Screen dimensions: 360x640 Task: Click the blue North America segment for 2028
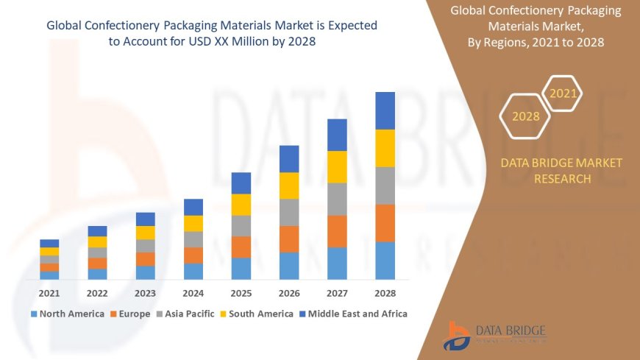coord(385,261)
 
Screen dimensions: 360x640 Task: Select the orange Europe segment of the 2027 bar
coord(337,231)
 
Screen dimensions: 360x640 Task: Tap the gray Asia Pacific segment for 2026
coord(289,212)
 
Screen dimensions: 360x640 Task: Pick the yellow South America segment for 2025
coord(241,205)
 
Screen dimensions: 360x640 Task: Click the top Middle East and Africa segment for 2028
coord(385,110)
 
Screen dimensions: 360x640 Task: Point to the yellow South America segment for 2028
coord(385,148)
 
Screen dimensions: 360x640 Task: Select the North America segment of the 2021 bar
coord(49,275)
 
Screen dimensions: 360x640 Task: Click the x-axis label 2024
coord(193,292)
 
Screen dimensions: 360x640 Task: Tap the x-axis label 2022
coord(97,292)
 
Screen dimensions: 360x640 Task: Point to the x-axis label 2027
coord(337,292)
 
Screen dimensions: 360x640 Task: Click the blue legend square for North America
coord(34,314)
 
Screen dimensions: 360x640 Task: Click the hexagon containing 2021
coord(563,93)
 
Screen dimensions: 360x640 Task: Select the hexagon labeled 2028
coord(525,116)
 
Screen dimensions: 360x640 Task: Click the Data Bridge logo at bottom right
coord(494,336)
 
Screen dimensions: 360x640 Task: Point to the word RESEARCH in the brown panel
coord(561,179)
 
